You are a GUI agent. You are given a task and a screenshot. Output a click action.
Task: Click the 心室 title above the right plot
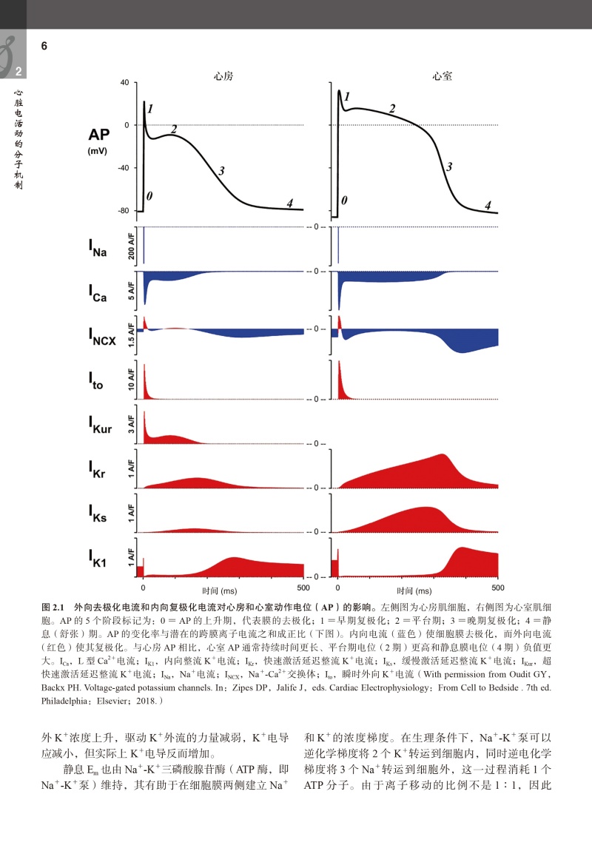pos(443,75)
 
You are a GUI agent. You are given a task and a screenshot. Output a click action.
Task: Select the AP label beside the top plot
pos(99,135)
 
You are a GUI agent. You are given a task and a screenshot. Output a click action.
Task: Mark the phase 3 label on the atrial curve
pos(221,172)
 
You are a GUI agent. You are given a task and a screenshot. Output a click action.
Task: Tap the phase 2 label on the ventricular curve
pos(392,109)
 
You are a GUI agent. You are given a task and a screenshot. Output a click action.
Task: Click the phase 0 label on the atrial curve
pos(149,196)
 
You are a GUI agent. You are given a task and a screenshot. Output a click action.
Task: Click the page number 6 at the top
pos(44,46)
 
